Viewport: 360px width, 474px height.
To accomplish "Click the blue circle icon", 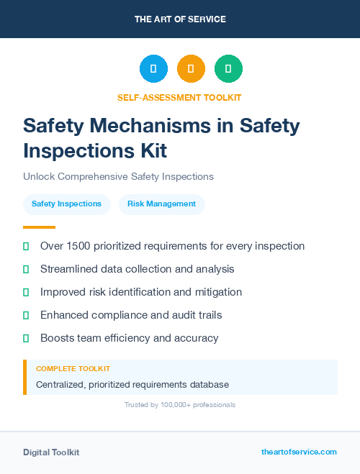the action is pyautogui.click(x=153, y=69).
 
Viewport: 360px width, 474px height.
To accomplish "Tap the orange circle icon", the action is pyautogui.click(x=191, y=69).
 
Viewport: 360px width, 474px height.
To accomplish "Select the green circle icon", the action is pyautogui.click(x=228, y=69).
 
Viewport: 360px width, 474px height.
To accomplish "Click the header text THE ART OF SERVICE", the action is pyautogui.click(x=180, y=19).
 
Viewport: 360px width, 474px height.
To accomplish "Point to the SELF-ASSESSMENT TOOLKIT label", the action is pyautogui.click(x=180, y=97).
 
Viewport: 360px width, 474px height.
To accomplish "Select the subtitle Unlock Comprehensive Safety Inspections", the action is pyautogui.click(x=118, y=176).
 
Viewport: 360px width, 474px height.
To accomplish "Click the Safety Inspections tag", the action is pyautogui.click(x=66, y=204).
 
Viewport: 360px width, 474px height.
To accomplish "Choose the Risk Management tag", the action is pyautogui.click(x=161, y=204).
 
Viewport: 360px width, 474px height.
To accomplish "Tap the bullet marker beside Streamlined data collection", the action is pyautogui.click(x=26, y=269).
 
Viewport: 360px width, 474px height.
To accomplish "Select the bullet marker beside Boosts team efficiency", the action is pyautogui.click(x=26, y=338).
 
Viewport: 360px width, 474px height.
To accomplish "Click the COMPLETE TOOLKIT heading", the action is pyautogui.click(x=73, y=369).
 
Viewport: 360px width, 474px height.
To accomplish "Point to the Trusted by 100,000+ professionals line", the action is pyautogui.click(x=180, y=405).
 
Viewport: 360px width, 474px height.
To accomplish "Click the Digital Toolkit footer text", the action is pyautogui.click(x=51, y=452).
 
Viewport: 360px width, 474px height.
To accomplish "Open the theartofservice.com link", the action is pyautogui.click(x=299, y=452).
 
